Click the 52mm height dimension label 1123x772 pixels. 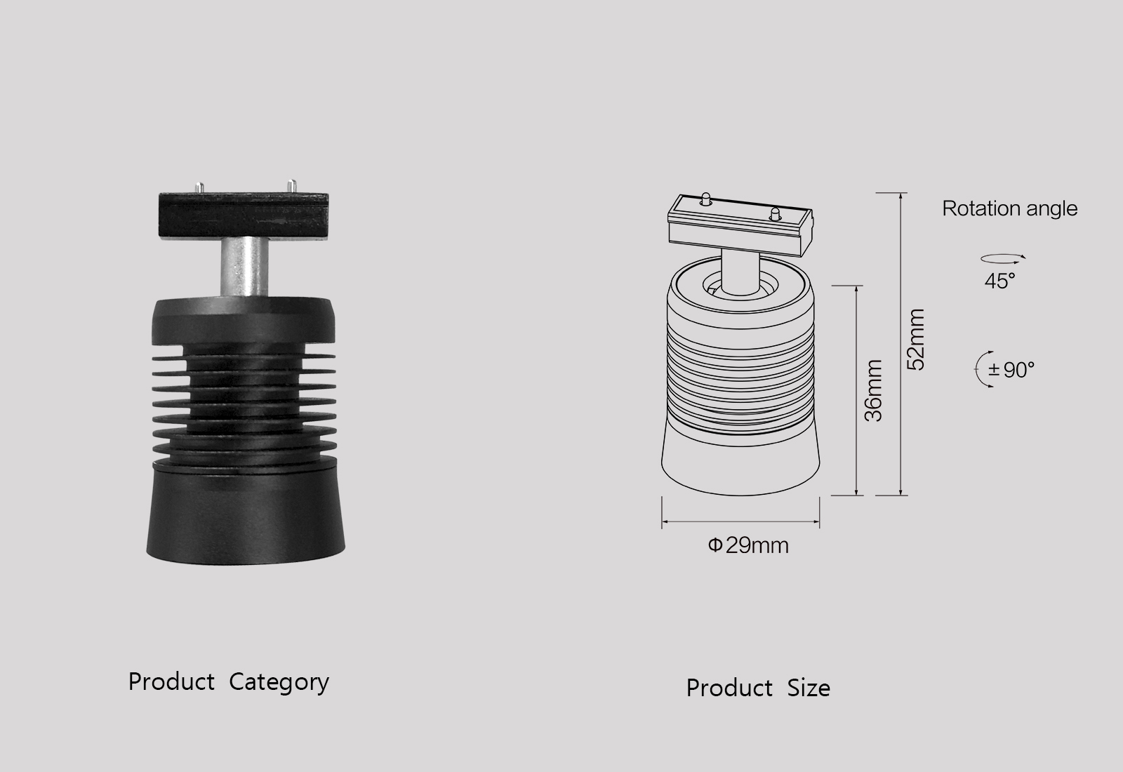click(917, 339)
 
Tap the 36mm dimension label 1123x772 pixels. click(873, 390)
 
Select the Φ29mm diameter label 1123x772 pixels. click(748, 545)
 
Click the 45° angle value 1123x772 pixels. click(999, 281)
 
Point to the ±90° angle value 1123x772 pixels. click(1011, 369)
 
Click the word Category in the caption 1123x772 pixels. click(279, 682)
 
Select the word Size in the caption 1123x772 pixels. click(809, 688)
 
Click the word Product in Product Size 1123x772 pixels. click(729, 688)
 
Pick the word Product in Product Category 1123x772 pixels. click(171, 682)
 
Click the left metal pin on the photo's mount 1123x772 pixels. click(199, 188)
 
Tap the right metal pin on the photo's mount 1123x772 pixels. click(291, 187)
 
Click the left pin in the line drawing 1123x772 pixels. click(706, 197)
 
